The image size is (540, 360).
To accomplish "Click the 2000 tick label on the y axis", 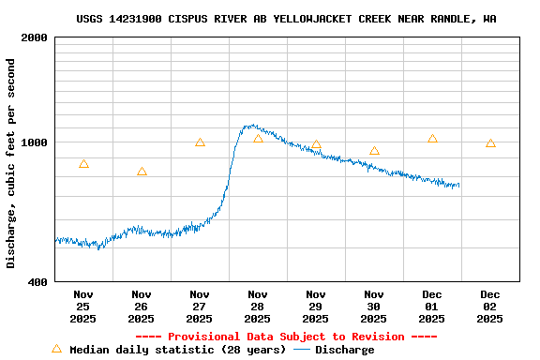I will (x=35, y=37).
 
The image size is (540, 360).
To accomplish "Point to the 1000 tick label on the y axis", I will (x=35, y=142).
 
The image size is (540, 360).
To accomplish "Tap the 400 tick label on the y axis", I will (x=37, y=281).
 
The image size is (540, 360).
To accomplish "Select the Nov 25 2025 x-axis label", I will (x=83, y=306).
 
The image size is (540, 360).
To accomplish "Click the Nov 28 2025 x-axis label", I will (x=258, y=306).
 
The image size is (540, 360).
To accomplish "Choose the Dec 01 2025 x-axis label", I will (x=432, y=306).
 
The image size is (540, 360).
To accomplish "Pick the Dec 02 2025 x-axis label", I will (x=490, y=306).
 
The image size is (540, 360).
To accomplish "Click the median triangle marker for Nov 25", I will (x=83, y=164).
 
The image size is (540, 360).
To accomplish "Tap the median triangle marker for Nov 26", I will (x=142, y=172).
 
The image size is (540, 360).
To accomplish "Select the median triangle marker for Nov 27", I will (x=200, y=142).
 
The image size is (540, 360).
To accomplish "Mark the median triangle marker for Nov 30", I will (x=374, y=151).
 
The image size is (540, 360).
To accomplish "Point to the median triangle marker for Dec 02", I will (x=490, y=143).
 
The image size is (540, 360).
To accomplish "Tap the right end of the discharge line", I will (x=458, y=186).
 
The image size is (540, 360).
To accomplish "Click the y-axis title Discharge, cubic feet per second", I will (x=11, y=163).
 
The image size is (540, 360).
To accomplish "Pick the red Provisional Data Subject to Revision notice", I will (x=286, y=337).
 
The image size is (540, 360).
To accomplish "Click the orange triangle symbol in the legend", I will (x=56, y=349).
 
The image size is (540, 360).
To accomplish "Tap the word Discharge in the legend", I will (x=344, y=350).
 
